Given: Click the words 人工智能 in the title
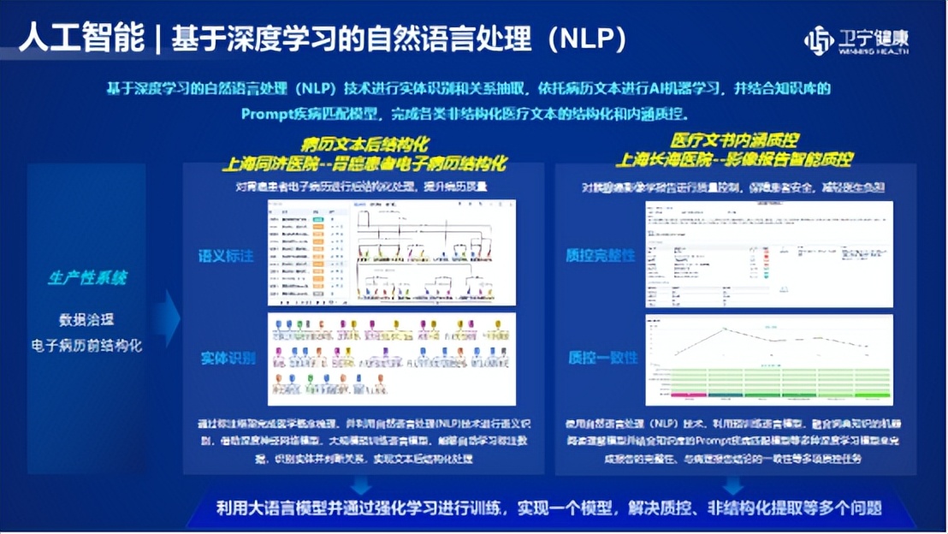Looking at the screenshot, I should click(x=80, y=39).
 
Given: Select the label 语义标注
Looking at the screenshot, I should click(x=227, y=255).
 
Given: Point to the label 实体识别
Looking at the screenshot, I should click(x=228, y=358).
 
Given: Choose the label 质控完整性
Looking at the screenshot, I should click(x=601, y=255).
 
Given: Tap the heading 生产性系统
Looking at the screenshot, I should click(x=87, y=278).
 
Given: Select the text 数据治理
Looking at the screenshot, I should click(x=86, y=320).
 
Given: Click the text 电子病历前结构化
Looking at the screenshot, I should click(x=87, y=346).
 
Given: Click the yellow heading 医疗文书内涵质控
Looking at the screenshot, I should click(x=734, y=140).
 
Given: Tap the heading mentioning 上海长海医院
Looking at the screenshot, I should click(x=734, y=160).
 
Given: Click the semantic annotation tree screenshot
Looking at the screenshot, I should click(x=392, y=252).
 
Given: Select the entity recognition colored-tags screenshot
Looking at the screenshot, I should click(x=392, y=359).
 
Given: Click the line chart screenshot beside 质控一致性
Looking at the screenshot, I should click(x=768, y=359).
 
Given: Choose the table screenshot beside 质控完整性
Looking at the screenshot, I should click(x=768, y=254).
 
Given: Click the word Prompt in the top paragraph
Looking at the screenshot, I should click(x=269, y=113).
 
